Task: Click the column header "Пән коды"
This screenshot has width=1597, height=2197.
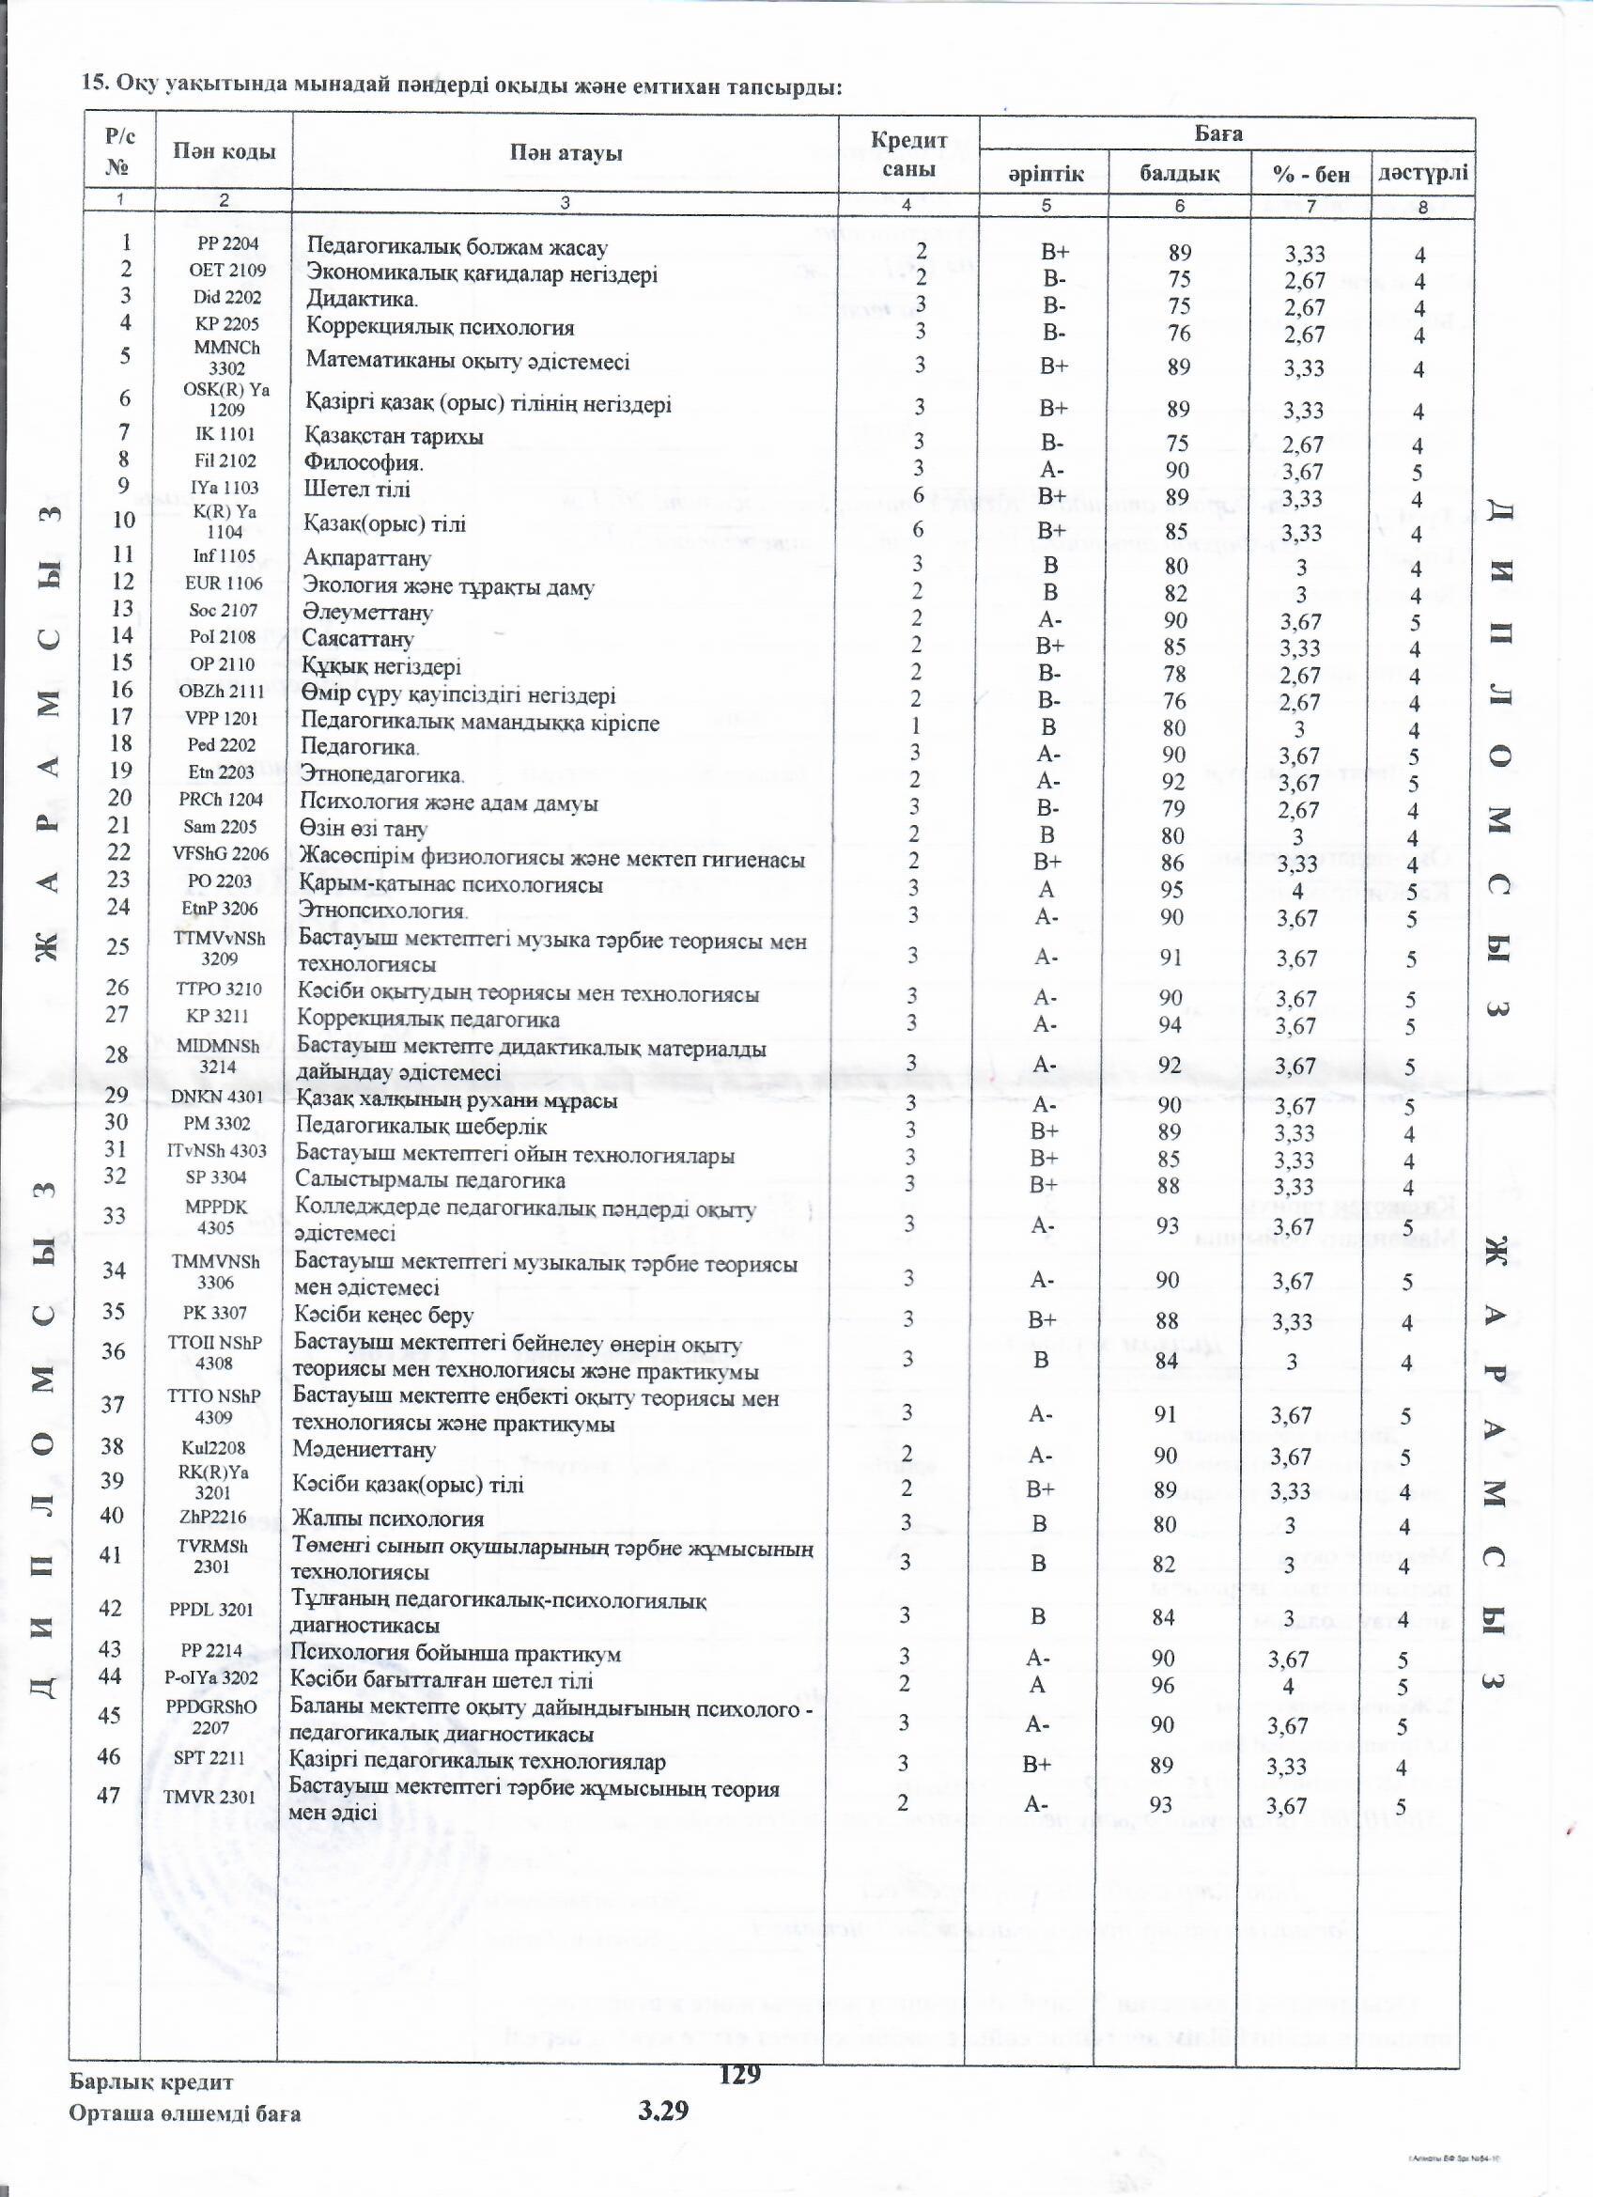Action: pyautogui.click(x=224, y=152)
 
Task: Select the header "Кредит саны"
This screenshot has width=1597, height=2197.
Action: pyautogui.click(x=908, y=154)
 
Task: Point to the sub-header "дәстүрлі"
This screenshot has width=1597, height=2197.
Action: pyautogui.click(x=1422, y=174)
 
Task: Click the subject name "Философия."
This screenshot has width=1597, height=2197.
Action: pyautogui.click(x=364, y=463)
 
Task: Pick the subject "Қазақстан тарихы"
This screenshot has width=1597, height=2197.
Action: pyautogui.click(x=394, y=436)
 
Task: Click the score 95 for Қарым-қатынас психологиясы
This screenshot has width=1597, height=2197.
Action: pyautogui.click(x=1172, y=889)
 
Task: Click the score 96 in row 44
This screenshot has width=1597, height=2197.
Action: pyautogui.click(x=1163, y=1685)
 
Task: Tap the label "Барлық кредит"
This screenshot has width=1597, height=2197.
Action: pyautogui.click(x=151, y=2081)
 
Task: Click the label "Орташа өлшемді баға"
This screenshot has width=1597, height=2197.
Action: pyautogui.click(x=184, y=2112)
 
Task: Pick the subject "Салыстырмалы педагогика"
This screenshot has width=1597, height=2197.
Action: pyautogui.click(x=430, y=1181)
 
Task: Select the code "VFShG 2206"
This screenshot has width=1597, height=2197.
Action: pyautogui.click(x=221, y=853)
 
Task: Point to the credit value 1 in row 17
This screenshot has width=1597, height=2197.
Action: pyautogui.click(x=914, y=725)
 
